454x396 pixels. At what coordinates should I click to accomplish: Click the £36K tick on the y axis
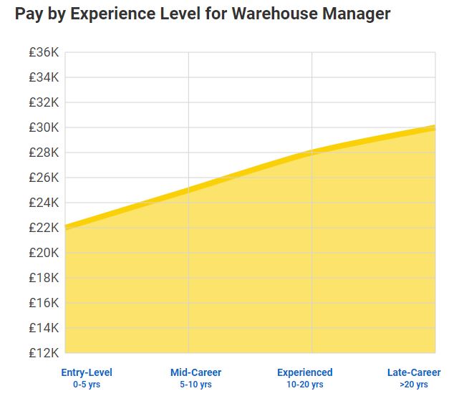click(44, 52)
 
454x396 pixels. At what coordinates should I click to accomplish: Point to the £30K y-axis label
click(44, 127)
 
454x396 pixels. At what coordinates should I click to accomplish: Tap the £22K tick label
click(44, 228)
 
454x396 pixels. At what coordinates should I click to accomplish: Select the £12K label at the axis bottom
click(44, 353)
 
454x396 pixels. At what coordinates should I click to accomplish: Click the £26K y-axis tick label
click(44, 178)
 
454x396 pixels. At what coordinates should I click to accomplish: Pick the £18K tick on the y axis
click(44, 278)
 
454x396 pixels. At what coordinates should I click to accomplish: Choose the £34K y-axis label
click(44, 77)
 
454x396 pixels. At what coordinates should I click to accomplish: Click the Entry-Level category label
click(87, 372)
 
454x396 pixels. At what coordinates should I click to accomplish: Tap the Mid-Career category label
click(195, 372)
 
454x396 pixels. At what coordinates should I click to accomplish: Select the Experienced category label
click(305, 372)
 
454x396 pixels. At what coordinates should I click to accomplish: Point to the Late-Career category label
click(414, 372)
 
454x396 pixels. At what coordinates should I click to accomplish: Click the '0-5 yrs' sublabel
click(87, 385)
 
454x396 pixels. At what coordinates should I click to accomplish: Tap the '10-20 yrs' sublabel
click(305, 385)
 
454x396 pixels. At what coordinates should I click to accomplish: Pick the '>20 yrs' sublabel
click(414, 385)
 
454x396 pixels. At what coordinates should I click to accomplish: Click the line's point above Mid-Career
click(188, 190)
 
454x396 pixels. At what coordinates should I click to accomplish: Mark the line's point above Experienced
click(312, 152)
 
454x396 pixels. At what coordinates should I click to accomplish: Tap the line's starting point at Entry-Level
click(66, 227)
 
